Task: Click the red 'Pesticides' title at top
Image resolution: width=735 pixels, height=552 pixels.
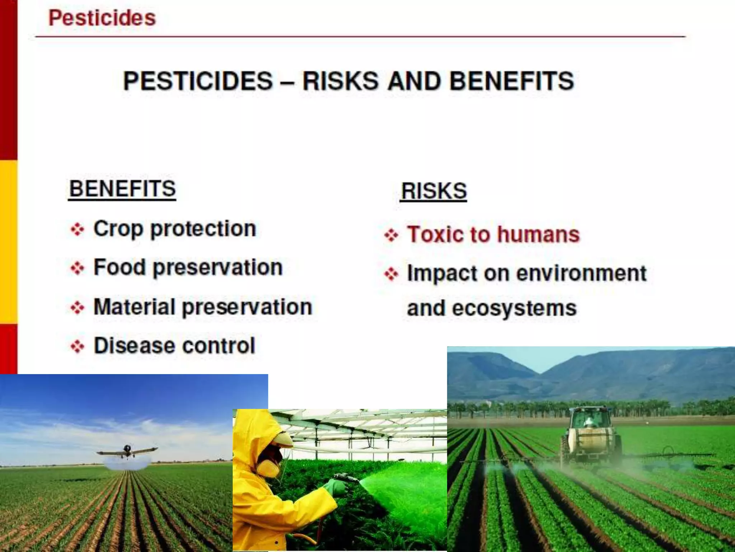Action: tap(102, 18)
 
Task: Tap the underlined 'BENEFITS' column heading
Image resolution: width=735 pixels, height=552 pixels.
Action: tap(122, 189)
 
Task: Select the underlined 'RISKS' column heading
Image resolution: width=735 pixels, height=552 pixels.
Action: tap(434, 191)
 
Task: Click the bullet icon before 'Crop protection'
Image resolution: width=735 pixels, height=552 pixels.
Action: tap(77, 229)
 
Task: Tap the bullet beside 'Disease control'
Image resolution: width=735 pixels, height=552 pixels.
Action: tap(77, 346)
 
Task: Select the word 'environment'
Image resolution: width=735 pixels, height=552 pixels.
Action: tap(581, 273)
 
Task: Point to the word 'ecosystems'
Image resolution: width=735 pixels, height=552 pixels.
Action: tap(514, 308)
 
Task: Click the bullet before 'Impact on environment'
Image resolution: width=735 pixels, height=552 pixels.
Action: tap(391, 275)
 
